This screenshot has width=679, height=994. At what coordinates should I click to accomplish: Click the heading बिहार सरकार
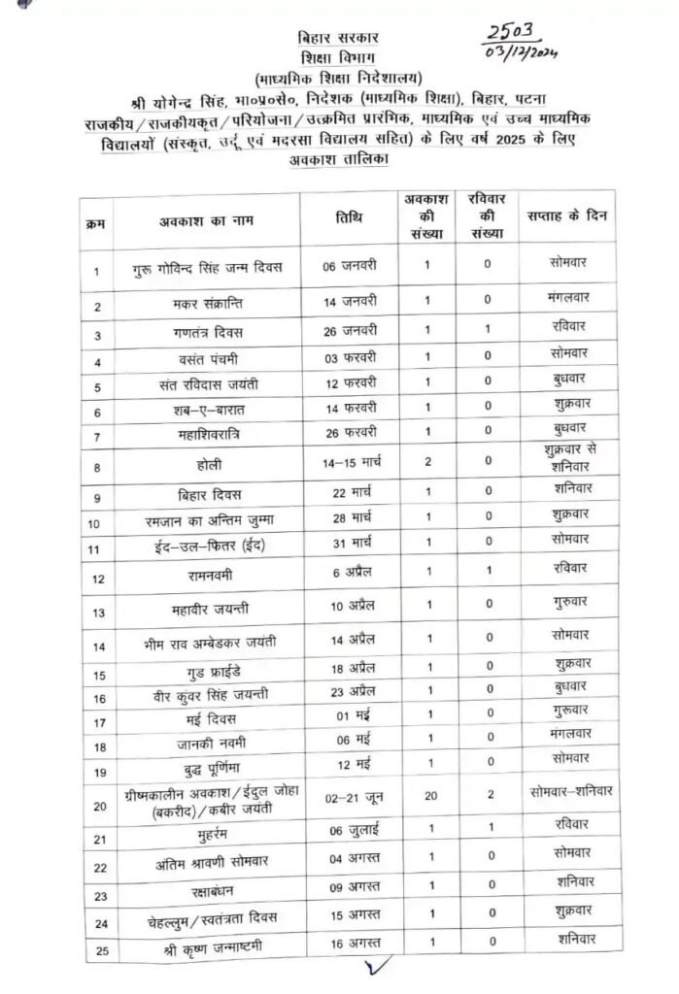coord(340,38)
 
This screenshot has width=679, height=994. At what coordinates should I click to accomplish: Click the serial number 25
coord(99,949)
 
